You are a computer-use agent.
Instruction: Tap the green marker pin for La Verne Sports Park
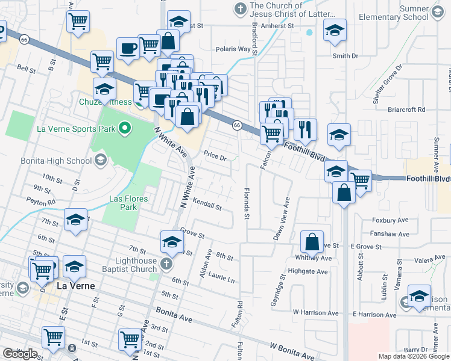click(x=125, y=128)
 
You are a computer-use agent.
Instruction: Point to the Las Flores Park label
click(x=128, y=203)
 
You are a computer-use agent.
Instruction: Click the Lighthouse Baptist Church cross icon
click(x=167, y=263)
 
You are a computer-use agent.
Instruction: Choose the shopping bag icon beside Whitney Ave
click(x=312, y=242)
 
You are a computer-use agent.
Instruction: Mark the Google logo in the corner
click(x=19, y=353)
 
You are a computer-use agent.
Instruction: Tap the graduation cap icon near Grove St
click(x=172, y=242)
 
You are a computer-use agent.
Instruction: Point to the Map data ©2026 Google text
click(x=413, y=356)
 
